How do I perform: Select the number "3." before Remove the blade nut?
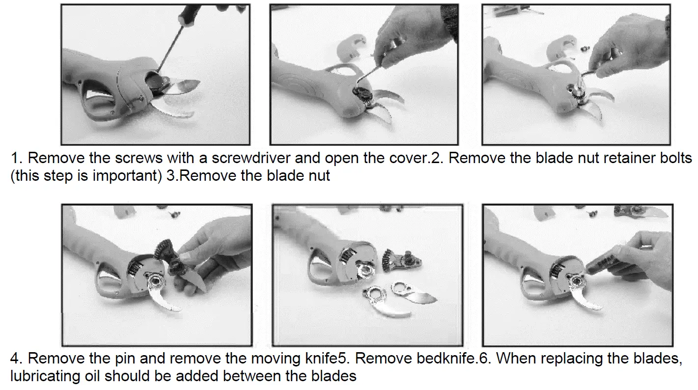(171, 176)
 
